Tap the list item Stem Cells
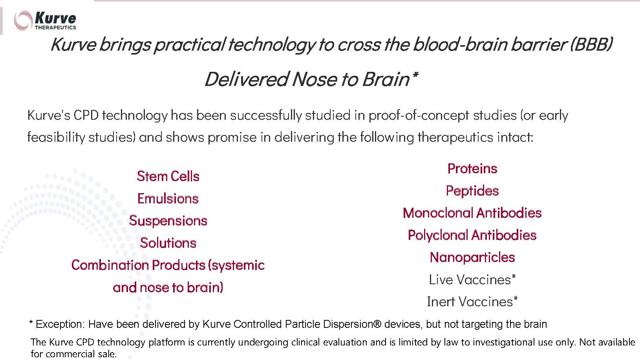[168, 176]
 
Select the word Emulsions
[168, 198]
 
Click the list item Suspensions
[168, 221]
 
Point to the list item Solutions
[168, 243]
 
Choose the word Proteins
[472, 168]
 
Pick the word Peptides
[472, 191]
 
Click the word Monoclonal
[438, 213]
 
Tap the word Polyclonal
[438, 235]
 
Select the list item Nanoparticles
[472, 258]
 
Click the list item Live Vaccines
[472, 280]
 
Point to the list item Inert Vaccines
[472, 302]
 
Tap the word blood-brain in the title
[460, 45]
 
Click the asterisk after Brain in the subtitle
[415, 75]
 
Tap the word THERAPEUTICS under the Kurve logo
[55, 27]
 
